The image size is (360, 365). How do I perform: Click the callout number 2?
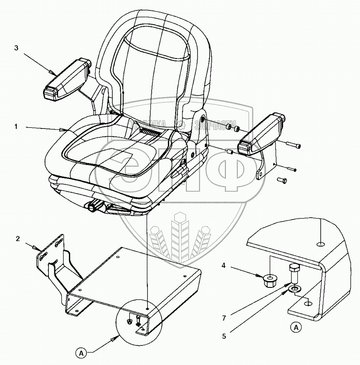(18, 239)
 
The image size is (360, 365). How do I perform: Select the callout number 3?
(16, 48)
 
